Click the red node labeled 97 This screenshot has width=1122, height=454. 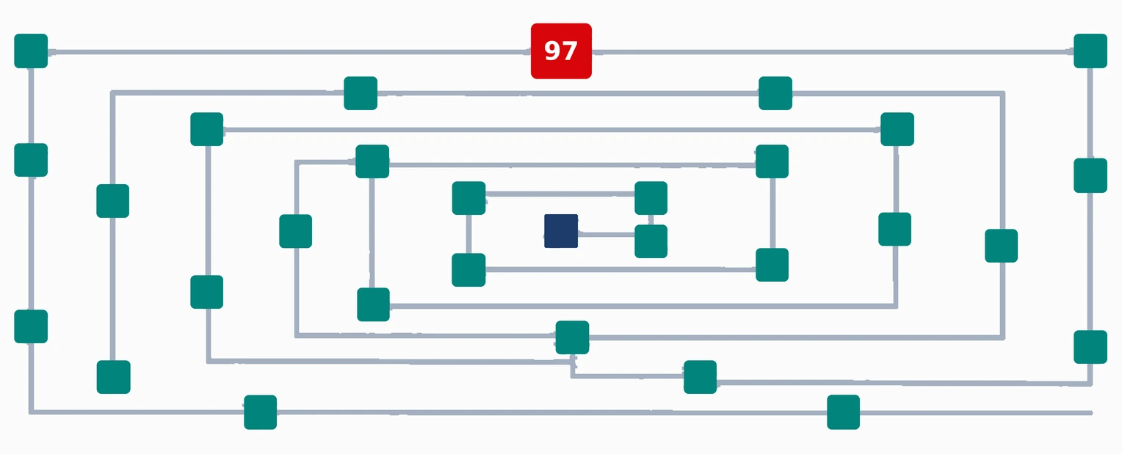pos(561,51)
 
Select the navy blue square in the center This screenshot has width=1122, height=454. pos(561,231)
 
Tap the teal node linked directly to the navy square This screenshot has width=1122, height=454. pos(651,241)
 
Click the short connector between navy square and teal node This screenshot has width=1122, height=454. pos(606,234)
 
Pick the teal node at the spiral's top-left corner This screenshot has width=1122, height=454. pos(31,51)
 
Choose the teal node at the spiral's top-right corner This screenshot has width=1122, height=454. pos(1090,51)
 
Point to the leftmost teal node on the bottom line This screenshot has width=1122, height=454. pos(261,412)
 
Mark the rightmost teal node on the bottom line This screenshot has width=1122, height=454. pos(844,412)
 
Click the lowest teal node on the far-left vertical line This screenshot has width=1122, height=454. pos(31,326)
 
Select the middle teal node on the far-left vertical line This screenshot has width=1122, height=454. pos(31,160)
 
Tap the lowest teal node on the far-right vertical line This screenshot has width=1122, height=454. pos(1090,347)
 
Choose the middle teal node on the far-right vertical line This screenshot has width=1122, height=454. pos(1090,175)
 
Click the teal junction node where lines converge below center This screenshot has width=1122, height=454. pos(572,337)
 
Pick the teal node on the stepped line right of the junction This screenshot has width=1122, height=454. pos(701,377)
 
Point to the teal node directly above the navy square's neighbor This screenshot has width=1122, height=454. pos(651,198)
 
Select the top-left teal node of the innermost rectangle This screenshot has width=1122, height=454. pos(468,198)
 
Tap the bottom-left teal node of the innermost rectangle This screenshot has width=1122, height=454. pos(468,270)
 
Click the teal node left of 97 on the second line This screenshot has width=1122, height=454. pos(361,93)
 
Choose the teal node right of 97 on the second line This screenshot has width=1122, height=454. pos(775,93)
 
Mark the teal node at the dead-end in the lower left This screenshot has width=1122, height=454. pos(114,377)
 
